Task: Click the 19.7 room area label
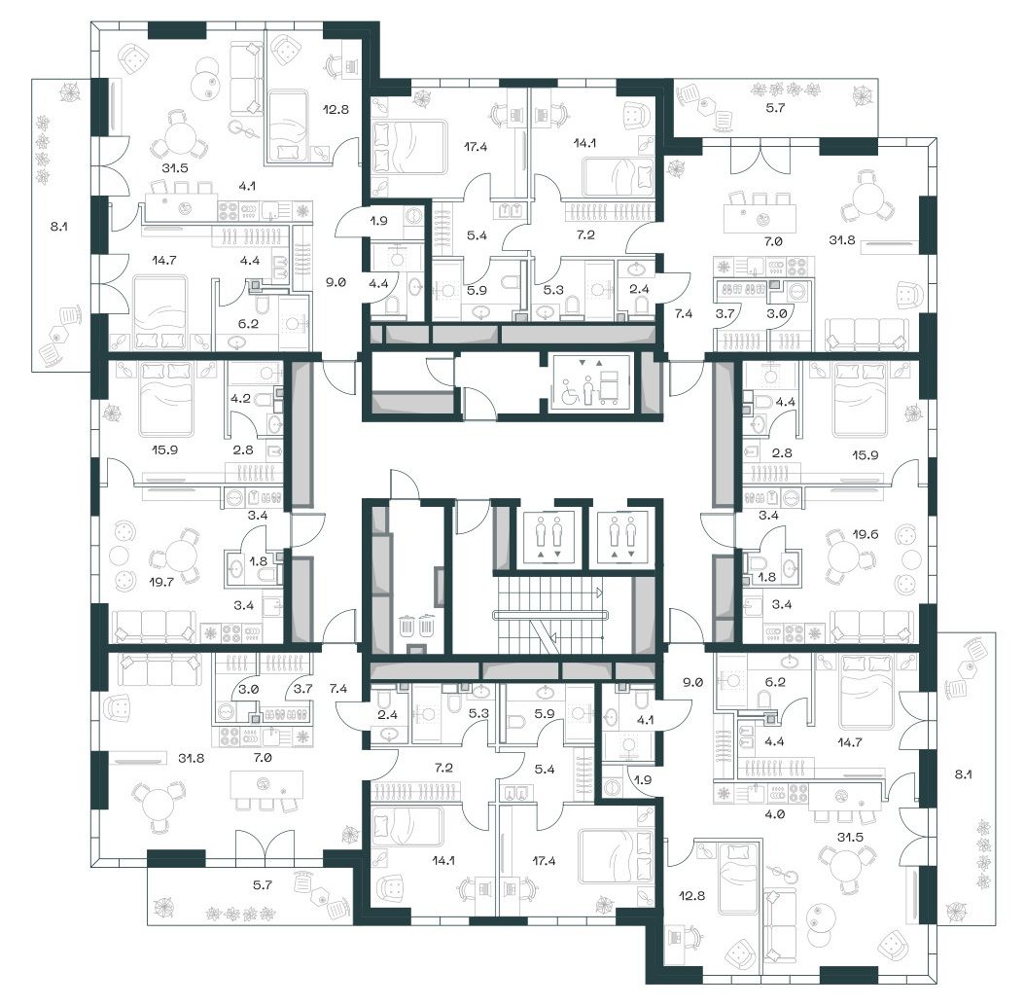(160, 581)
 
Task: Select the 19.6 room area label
(865, 534)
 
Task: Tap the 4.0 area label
(775, 814)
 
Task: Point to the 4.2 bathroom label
(240, 398)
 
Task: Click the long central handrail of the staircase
(550, 615)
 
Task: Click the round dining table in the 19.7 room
(181, 557)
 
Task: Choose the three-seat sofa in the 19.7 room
(154, 627)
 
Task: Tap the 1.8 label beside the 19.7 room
(259, 560)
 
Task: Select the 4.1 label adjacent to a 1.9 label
(645, 720)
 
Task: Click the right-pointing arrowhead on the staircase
(599, 593)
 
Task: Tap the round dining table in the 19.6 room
(844, 557)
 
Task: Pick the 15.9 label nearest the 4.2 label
(164, 450)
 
